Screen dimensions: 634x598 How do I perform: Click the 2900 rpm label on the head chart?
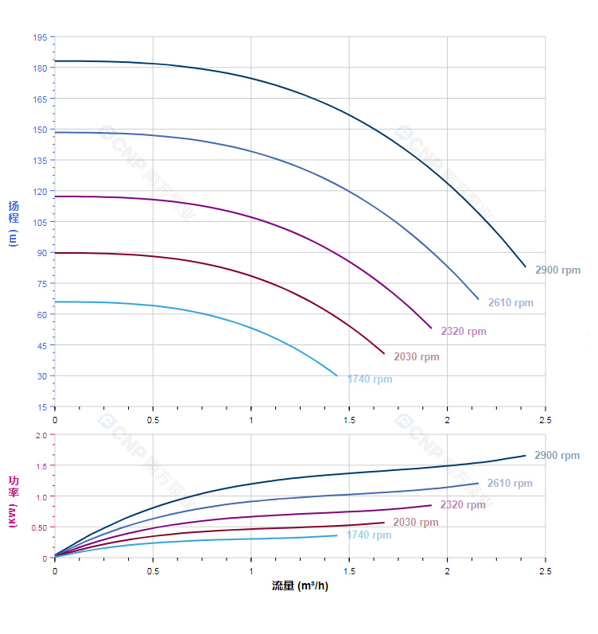(557, 270)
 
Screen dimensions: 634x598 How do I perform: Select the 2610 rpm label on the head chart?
(511, 303)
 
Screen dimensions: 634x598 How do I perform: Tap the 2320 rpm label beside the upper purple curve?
(464, 332)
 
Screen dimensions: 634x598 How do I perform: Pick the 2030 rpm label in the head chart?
(417, 357)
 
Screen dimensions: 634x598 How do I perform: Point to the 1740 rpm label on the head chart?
(370, 379)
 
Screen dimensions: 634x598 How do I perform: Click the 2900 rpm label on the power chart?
(557, 456)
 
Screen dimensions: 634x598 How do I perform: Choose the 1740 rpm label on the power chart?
(369, 535)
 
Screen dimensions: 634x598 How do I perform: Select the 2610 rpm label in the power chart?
(510, 484)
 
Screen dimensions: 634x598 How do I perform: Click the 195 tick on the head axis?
(40, 37)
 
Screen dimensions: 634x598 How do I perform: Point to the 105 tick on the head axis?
(40, 222)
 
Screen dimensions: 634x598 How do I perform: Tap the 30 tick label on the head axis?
(41, 376)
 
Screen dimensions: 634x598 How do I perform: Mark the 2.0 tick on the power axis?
(41, 435)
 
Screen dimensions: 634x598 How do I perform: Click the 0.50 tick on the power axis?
(39, 527)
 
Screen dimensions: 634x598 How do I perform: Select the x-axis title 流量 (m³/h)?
(300, 586)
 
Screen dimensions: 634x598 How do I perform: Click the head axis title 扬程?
(14, 212)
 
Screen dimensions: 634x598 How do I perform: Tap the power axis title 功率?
(14, 486)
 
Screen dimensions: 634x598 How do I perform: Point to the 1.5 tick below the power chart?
(349, 571)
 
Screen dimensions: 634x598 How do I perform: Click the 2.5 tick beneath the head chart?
(546, 419)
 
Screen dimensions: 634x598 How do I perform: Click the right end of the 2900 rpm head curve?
(526, 266)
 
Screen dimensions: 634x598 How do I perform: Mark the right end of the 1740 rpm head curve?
(337, 375)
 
